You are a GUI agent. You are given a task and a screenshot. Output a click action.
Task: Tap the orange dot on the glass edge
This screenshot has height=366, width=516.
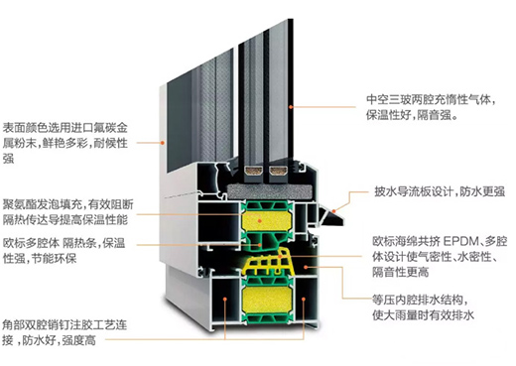click(291, 107)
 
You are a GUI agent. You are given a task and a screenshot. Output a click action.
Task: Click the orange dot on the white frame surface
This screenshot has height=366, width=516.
click(163, 143)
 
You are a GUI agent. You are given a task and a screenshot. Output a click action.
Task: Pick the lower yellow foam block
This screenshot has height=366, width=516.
click(267, 300)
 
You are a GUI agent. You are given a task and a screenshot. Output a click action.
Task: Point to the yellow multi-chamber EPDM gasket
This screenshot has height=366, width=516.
click(269, 262)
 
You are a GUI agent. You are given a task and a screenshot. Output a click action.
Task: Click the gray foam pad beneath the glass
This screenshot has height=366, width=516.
click(270, 191)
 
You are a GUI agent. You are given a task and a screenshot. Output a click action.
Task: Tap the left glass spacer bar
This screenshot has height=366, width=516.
click(254, 171)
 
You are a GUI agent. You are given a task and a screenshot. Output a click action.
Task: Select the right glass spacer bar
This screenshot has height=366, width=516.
click(278, 171)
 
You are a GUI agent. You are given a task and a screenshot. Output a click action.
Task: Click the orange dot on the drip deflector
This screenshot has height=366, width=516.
click(334, 211)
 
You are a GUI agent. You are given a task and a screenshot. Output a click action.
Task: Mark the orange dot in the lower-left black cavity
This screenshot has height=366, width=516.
click(225, 299)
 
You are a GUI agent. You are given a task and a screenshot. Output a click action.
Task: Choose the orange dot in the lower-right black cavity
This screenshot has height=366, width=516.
click(304, 299)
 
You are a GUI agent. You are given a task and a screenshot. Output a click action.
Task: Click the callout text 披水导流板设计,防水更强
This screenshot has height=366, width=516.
click(440, 191)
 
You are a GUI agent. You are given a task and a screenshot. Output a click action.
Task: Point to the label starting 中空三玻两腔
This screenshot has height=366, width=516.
click(432, 107)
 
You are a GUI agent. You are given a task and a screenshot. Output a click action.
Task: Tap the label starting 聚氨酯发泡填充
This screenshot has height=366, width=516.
click(68, 212)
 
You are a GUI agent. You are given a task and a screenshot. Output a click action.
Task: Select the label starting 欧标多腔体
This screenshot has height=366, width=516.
click(64, 251)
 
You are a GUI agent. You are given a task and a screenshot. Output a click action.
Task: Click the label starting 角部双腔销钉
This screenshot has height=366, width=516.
click(64, 332)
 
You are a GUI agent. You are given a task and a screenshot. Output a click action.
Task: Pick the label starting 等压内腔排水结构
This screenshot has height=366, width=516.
click(423, 307)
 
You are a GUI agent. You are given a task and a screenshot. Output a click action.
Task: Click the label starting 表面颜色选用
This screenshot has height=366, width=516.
click(65, 143)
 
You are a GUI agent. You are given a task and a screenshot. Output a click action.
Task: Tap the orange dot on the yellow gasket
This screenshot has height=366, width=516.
click(280, 256)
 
